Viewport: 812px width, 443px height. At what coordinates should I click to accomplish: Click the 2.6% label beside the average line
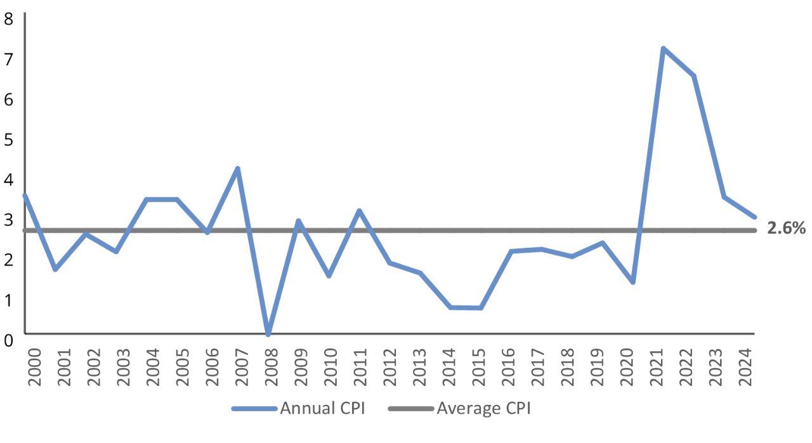pos(786,229)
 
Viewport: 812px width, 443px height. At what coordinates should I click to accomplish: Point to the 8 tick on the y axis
pos(9,18)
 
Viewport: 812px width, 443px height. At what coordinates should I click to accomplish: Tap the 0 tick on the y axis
pos(9,340)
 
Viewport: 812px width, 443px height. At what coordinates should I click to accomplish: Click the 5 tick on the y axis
pos(9,139)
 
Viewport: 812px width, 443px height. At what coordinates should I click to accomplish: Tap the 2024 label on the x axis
pos(746,364)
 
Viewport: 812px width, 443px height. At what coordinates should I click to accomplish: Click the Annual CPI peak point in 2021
pos(663,49)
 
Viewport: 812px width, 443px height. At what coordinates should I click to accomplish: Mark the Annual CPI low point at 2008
pos(268,333)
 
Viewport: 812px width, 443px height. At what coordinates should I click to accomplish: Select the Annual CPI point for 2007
pos(237,169)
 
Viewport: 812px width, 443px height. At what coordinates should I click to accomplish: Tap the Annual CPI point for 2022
pos(694,76)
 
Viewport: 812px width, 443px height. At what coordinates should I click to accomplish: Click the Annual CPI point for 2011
pos(359,210)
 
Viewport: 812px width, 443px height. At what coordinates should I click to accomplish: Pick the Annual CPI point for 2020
pos(632,282)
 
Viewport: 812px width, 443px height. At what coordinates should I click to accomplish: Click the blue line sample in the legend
pos(254,409)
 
